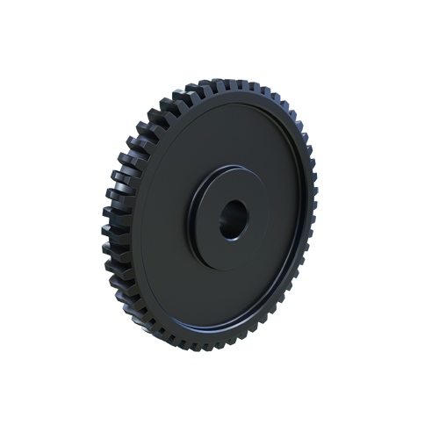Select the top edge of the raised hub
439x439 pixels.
(x=230, y=171)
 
